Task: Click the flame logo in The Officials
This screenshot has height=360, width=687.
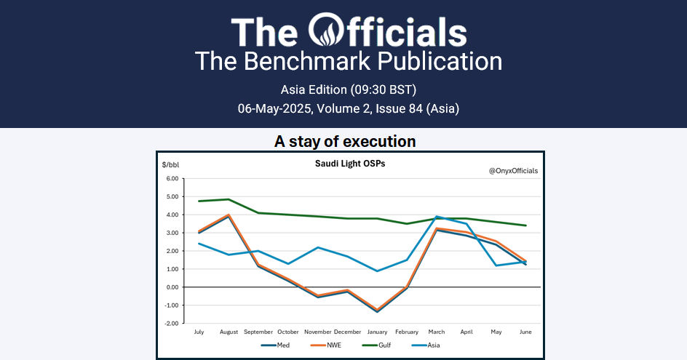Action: pos(325,31)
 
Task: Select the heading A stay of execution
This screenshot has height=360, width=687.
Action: pos(345,142)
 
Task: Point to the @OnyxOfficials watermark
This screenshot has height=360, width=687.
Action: pos(513,171)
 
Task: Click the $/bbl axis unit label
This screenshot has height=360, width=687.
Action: pos(170,165)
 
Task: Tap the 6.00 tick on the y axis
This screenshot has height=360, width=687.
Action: pos(172,178)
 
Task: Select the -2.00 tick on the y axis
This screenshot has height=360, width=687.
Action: pos(172,323)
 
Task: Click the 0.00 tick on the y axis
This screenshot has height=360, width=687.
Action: pos(172,287)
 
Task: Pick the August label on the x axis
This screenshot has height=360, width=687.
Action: pos(229,332)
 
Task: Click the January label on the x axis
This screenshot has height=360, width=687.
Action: pos(376,332)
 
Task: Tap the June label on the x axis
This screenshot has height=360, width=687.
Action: pos(525,332)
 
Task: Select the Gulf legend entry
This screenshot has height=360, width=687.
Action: pos(384,345)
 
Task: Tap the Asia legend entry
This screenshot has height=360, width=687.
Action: pos(432,345)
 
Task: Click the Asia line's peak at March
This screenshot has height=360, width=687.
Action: pos(437,216)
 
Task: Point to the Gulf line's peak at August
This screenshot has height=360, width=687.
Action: pos(229,199)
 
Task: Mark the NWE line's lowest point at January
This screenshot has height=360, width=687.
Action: pos(377,309)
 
